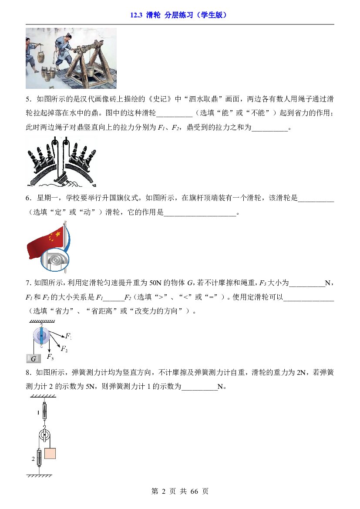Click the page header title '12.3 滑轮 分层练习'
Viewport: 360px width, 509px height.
coord(161,15)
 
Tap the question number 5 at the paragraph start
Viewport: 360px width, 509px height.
coord(28,99)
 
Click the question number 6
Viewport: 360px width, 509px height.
coord(28,198)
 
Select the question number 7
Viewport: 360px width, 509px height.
coord(28,283)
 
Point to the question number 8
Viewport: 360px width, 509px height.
coord(28,372)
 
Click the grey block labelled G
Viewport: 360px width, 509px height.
coord(34,358)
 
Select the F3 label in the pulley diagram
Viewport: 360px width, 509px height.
coord(50,357)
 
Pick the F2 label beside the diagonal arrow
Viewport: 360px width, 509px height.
coord(64,349)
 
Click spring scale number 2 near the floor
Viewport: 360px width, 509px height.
coord(39,458)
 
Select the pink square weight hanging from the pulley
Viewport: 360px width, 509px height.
coord(50,453)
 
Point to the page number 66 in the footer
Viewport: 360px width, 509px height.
coord(194,492)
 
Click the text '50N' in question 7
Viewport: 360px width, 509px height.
coord(155,283)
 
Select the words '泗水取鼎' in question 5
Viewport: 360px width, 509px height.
coord(203,99)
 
